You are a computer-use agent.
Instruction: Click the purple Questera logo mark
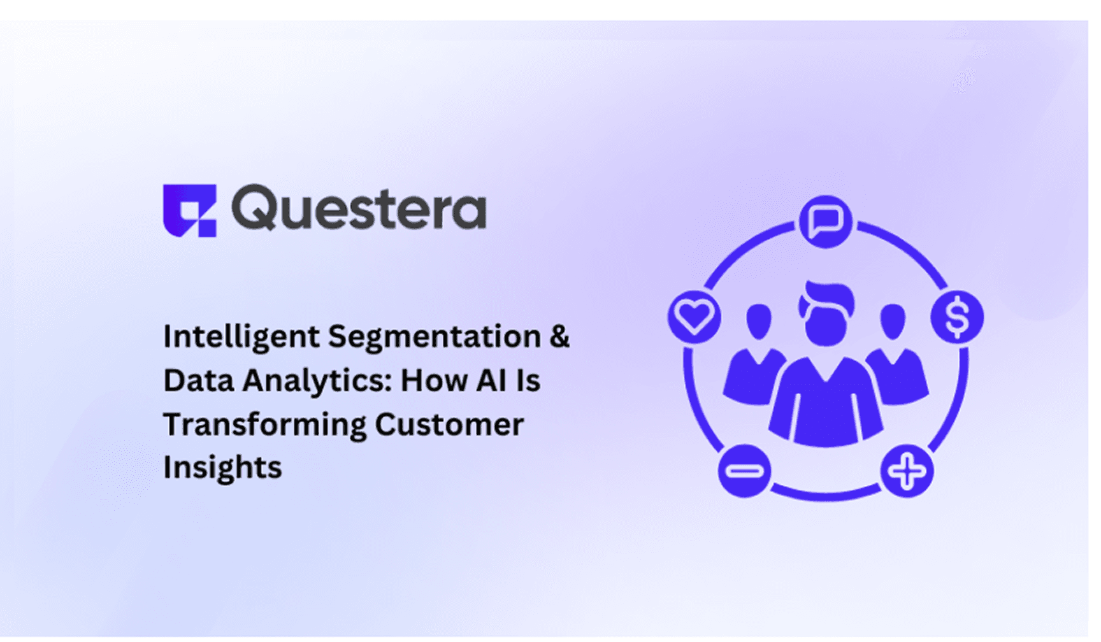(189, 210)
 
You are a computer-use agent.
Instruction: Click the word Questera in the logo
(359, 208)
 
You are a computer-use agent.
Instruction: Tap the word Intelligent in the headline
(241, 337)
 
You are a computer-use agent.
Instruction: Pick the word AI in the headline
(492, 380)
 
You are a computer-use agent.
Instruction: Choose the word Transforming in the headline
(264, 425)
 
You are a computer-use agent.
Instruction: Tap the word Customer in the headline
(449, 425)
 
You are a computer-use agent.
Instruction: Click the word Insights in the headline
(222, 467)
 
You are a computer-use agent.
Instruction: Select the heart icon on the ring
(694, 316)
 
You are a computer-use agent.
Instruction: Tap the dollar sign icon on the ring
(957, 317)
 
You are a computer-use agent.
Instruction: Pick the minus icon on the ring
(744, 471)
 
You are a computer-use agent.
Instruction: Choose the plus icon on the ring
(907, 471)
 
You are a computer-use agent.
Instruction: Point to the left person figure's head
(758, 322)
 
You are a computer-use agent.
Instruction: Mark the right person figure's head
(893, 321)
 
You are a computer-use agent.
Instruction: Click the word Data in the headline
(198, 381)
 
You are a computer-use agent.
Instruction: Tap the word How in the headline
(434, 380)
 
